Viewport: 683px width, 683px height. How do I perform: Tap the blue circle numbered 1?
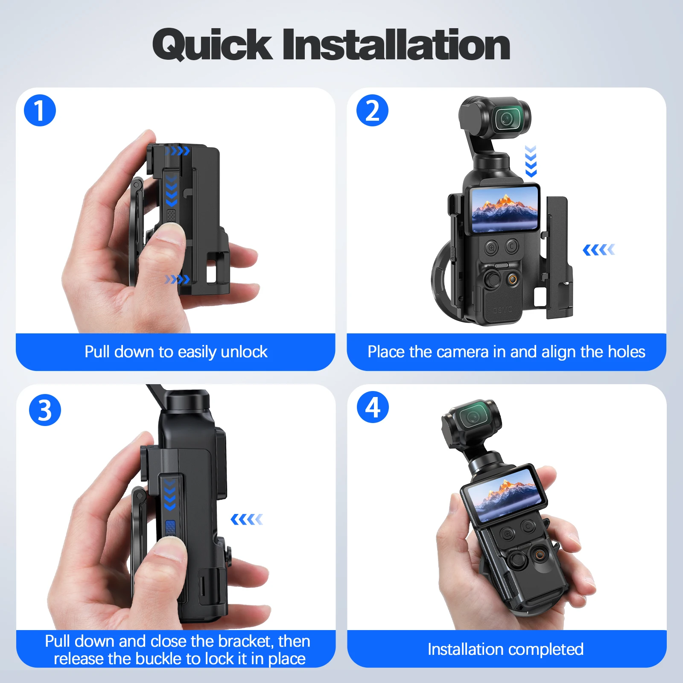(x=40, y=111)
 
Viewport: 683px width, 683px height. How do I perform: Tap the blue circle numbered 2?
(x=372, y=111)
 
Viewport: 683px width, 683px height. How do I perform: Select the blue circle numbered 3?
(x=45, y=410)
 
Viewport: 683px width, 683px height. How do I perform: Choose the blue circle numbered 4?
(x=373, y=407)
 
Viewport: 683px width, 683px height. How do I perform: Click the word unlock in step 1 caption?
(x=244, y=352)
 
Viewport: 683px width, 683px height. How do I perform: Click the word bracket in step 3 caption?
(x=245, y=641)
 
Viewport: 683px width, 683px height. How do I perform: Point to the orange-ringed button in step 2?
(x=512, y=280)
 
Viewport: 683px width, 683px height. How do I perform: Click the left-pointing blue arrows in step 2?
(x=599, y=250)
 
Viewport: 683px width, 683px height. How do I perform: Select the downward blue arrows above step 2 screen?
(x=531, y=161)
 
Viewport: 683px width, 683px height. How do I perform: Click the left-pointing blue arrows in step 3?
(x=247, y=520)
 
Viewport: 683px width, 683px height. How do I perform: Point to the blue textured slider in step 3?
(x=170, y=528)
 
